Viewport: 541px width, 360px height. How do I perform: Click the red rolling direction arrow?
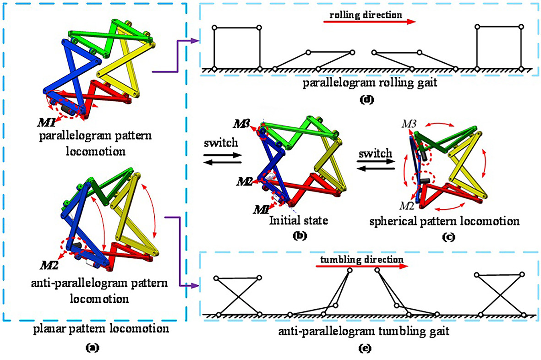(x=369, y=22)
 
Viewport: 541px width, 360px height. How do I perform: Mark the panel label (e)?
(x=366, y=348)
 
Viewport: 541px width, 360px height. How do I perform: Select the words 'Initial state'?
(x=292, y=221)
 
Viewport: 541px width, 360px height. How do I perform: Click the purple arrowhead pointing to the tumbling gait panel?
(x=197, y=286)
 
